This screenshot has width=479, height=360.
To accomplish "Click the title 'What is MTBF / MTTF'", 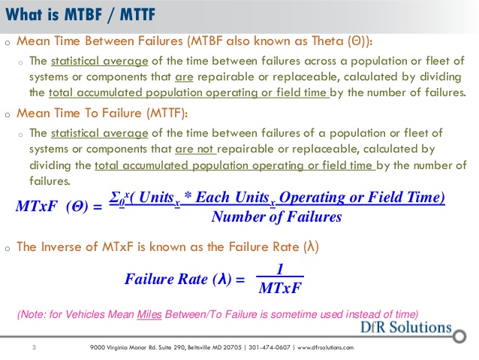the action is (80, 15).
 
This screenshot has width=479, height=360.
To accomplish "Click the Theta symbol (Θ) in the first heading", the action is (357, 41).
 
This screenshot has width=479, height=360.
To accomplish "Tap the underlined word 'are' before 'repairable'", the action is (184, 77).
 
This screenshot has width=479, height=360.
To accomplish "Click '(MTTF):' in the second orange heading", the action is (167, 113).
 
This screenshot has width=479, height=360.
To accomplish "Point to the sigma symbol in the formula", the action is (114, 197).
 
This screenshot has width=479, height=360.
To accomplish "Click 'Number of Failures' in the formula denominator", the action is (276, 217).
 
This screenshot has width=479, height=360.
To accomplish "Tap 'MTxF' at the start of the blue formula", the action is (36, 206).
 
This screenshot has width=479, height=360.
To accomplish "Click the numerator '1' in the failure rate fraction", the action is (280, 269).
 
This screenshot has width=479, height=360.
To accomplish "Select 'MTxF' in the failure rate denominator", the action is (280, 288).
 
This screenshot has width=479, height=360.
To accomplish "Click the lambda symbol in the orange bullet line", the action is (311, 247).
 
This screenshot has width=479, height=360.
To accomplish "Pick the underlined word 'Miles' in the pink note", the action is (149, 314).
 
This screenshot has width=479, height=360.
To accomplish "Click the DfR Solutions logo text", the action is (405, 327).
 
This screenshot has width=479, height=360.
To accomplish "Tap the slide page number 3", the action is (35, 347).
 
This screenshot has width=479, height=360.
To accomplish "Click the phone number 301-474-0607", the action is (270, 347).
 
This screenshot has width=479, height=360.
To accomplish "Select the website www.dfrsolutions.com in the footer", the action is (325, 347).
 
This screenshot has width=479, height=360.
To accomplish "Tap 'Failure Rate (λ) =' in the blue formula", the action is (185, 279).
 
